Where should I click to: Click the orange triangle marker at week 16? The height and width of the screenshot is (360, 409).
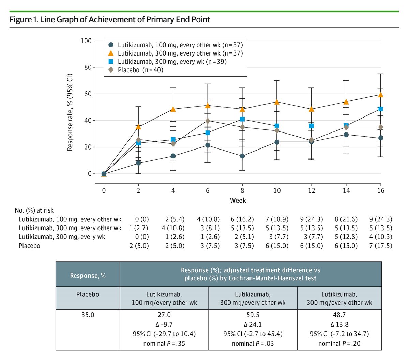pyautogui.click(x=381, y=95)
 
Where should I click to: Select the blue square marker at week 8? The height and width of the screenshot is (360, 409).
pyautogui.click(x=242, y=119)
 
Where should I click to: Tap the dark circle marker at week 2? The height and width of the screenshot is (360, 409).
pyautogui.click(x=138, y=163)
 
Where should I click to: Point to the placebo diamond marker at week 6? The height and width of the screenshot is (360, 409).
pyautogui.click(x=208, y=121)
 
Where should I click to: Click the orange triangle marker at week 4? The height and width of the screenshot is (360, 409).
pyautogui.click(x=173, y=109)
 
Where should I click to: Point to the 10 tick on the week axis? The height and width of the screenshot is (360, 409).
pyautogui.click(x=277, y=191)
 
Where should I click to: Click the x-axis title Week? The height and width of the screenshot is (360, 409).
pyautogui.click(x=238, y=200)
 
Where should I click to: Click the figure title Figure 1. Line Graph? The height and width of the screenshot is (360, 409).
pyautogui.click(x=110, y=19)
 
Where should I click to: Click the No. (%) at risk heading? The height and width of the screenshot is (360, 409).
pyautogui.click(x=34, y=210)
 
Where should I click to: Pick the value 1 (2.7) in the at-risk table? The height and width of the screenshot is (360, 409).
pyautogui.click(x=139, y=228)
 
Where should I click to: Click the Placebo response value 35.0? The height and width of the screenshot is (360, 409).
pyautogui.click(x=88, y=315)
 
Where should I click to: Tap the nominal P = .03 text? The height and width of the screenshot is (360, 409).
pyautogui.click(x=253, y=344)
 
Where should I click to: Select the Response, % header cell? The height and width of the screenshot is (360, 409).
pyautogui.click(x=88, y=276)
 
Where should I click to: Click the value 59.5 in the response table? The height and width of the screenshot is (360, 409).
pyautogui.click(x=253, y=315)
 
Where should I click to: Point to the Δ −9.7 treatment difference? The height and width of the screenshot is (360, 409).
pyautogui.click(x=164, y=325)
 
